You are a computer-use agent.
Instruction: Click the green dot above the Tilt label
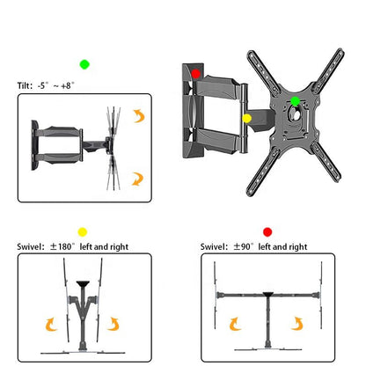point(84,64)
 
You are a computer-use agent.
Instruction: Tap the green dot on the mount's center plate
point(296,101)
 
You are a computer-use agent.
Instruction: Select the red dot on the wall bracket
point(196,75)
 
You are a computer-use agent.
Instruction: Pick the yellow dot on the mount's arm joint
point(246,118)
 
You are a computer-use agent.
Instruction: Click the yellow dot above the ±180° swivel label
point(83,231)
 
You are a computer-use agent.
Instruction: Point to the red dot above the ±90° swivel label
point(267,231)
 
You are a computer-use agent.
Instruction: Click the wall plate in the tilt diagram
point(35,141)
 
